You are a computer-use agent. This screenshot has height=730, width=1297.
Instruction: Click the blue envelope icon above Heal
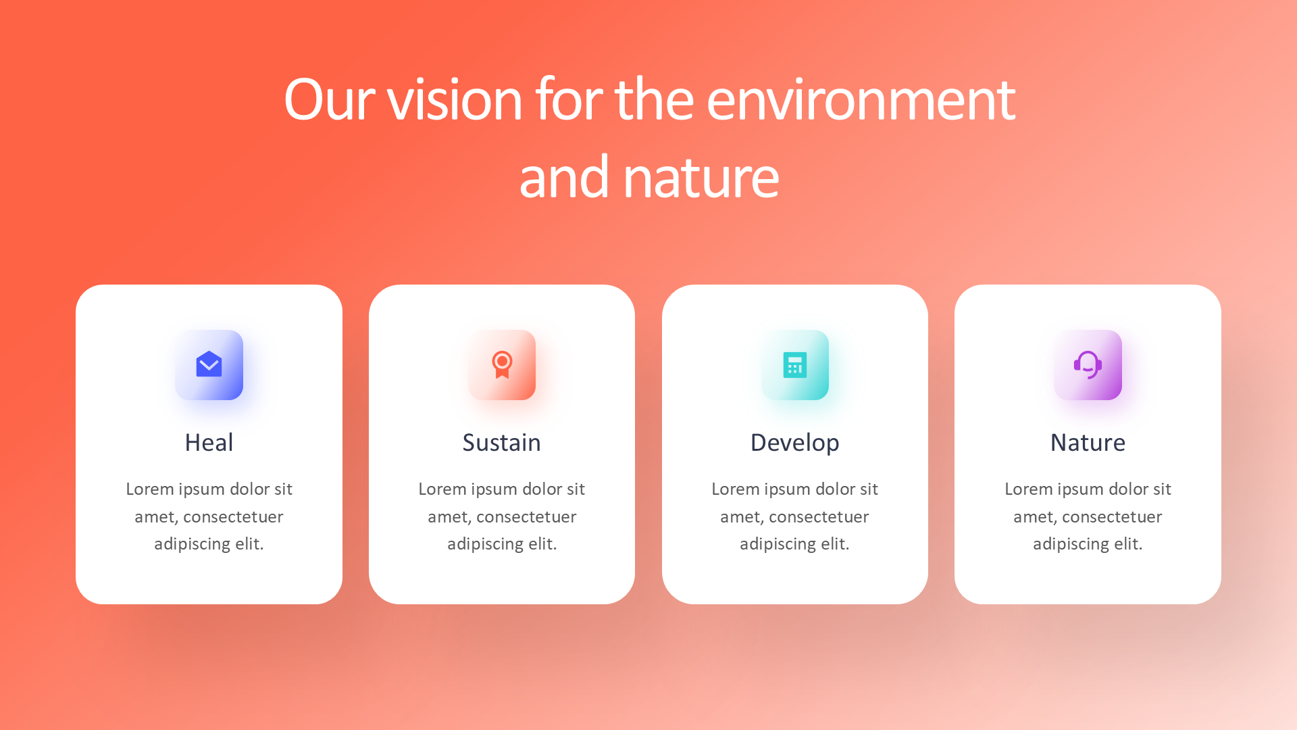[x=209, y=364]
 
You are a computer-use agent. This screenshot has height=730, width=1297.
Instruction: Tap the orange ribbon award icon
[x=502, y=364]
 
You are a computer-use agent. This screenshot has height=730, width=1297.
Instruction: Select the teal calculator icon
[x=795, y=365]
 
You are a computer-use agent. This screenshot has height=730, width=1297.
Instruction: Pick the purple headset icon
[x=1088, y=365]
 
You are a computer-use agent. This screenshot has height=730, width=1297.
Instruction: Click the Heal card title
[x=209, y=443]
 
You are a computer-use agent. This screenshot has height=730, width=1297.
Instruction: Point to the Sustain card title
[x=502, y=443]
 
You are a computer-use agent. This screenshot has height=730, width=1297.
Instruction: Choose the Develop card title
[x=795, y=443]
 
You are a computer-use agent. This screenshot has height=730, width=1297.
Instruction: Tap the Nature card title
[x=1088, y=443]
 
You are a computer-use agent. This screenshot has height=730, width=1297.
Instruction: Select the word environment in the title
[x=861, y=99]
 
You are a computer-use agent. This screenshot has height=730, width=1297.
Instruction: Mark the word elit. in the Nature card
[x=1128, y=543]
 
